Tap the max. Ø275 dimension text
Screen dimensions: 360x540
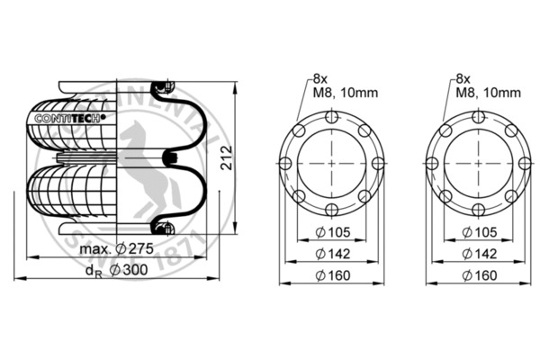pos(114,248)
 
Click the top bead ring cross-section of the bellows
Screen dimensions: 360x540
pos(162,88)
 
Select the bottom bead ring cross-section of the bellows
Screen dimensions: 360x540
pos(162,225)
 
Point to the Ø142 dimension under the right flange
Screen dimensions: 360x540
pos(478,256)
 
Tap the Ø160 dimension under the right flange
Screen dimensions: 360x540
pos(478,276)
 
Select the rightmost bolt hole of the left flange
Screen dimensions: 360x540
pos(378,163)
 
